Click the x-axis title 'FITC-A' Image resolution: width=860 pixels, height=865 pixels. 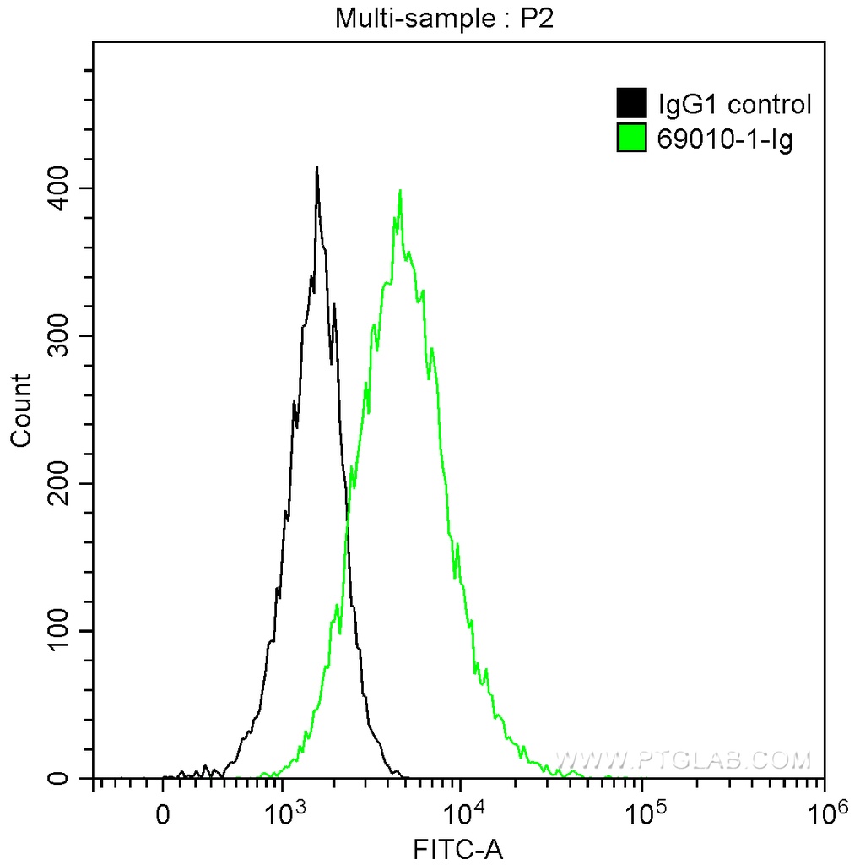(x=457, y=848)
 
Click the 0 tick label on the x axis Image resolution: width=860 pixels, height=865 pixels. (x=164, y=814)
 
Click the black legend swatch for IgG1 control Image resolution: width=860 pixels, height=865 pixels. (x=632, y=104)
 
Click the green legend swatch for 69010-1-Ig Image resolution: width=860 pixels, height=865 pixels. (x=632, y=139)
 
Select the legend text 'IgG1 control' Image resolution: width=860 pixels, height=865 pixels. (x=734, y=104)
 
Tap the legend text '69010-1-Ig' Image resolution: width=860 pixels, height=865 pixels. (x=724, y=139)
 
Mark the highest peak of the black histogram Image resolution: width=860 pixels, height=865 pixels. (x=316, y=168)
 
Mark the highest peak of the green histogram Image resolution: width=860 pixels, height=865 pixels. (x=399, y=192)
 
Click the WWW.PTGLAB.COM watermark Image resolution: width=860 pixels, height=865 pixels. (x=683, y=759)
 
